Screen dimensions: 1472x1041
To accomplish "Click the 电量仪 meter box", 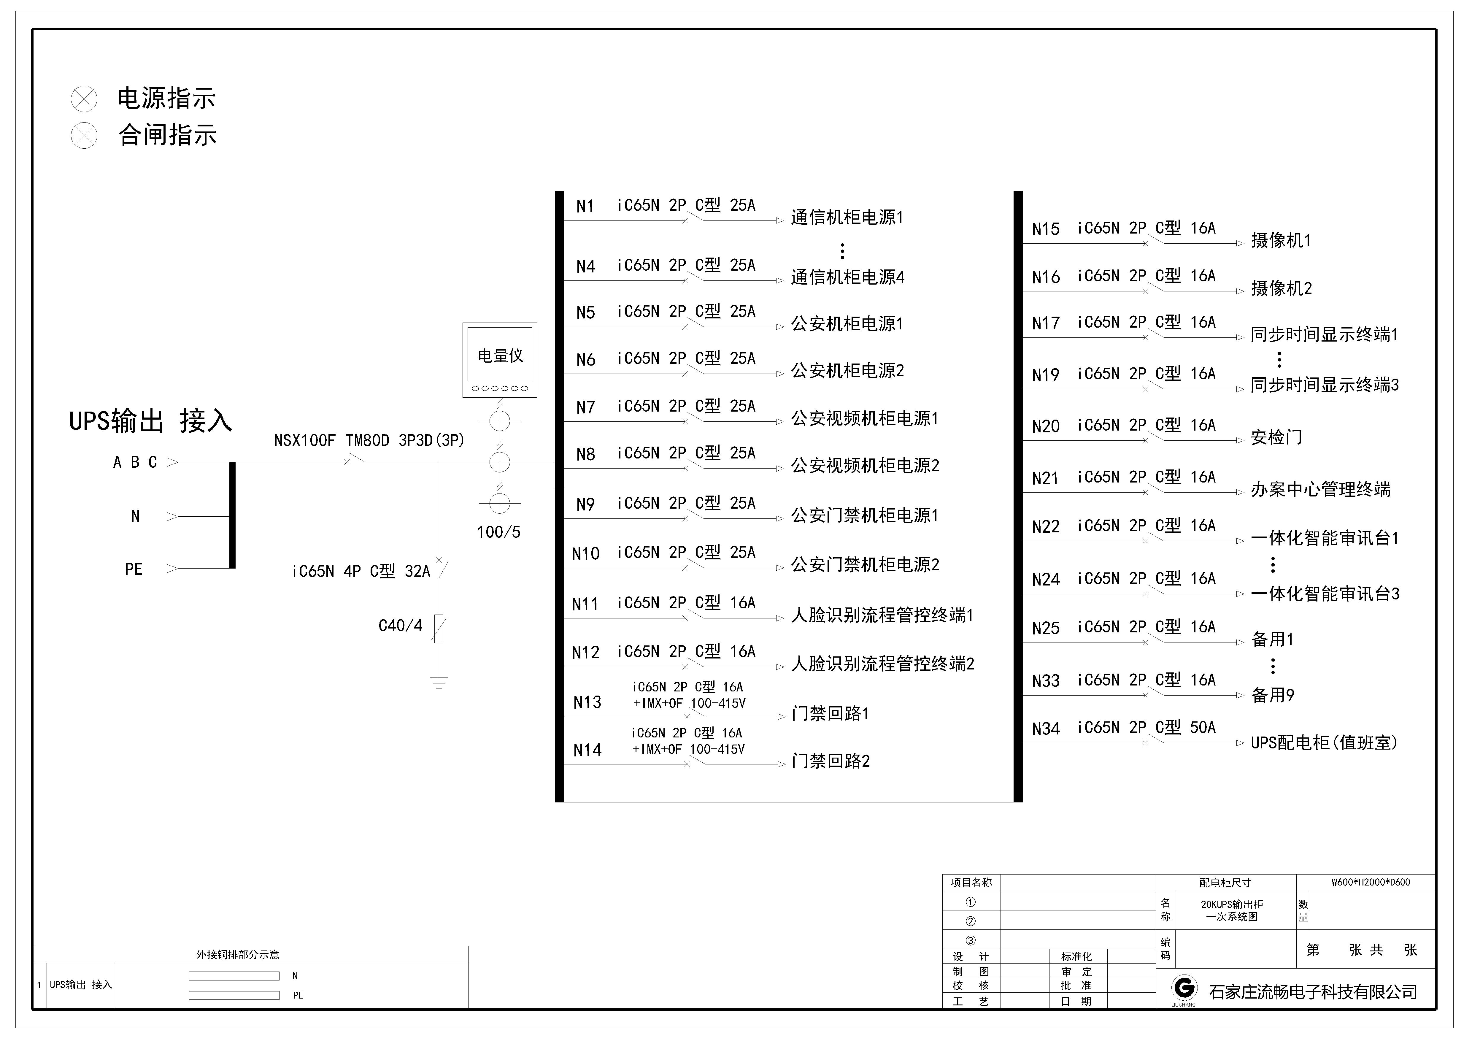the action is click(499, 360).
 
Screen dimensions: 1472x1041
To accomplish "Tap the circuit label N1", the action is click(585, 207).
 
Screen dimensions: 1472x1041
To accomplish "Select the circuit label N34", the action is click(1046, 729).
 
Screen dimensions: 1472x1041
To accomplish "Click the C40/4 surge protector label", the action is click(400, 626).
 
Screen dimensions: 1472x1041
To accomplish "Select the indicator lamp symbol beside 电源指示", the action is click(84, 99).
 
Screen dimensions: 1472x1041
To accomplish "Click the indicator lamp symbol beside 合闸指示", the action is click(84, 135).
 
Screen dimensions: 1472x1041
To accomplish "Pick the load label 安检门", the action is click(1276, 437).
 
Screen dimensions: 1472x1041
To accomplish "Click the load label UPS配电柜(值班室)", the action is click(1324, 742).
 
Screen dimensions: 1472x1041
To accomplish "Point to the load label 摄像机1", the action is click(1281, 240).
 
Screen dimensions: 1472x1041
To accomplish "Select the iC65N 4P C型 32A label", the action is click(361, 571).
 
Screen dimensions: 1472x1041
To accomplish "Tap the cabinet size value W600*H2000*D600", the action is click(1371, 882).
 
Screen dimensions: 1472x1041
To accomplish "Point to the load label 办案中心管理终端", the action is click(1321, 489).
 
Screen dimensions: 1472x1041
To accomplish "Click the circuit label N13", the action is click(587, 702).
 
